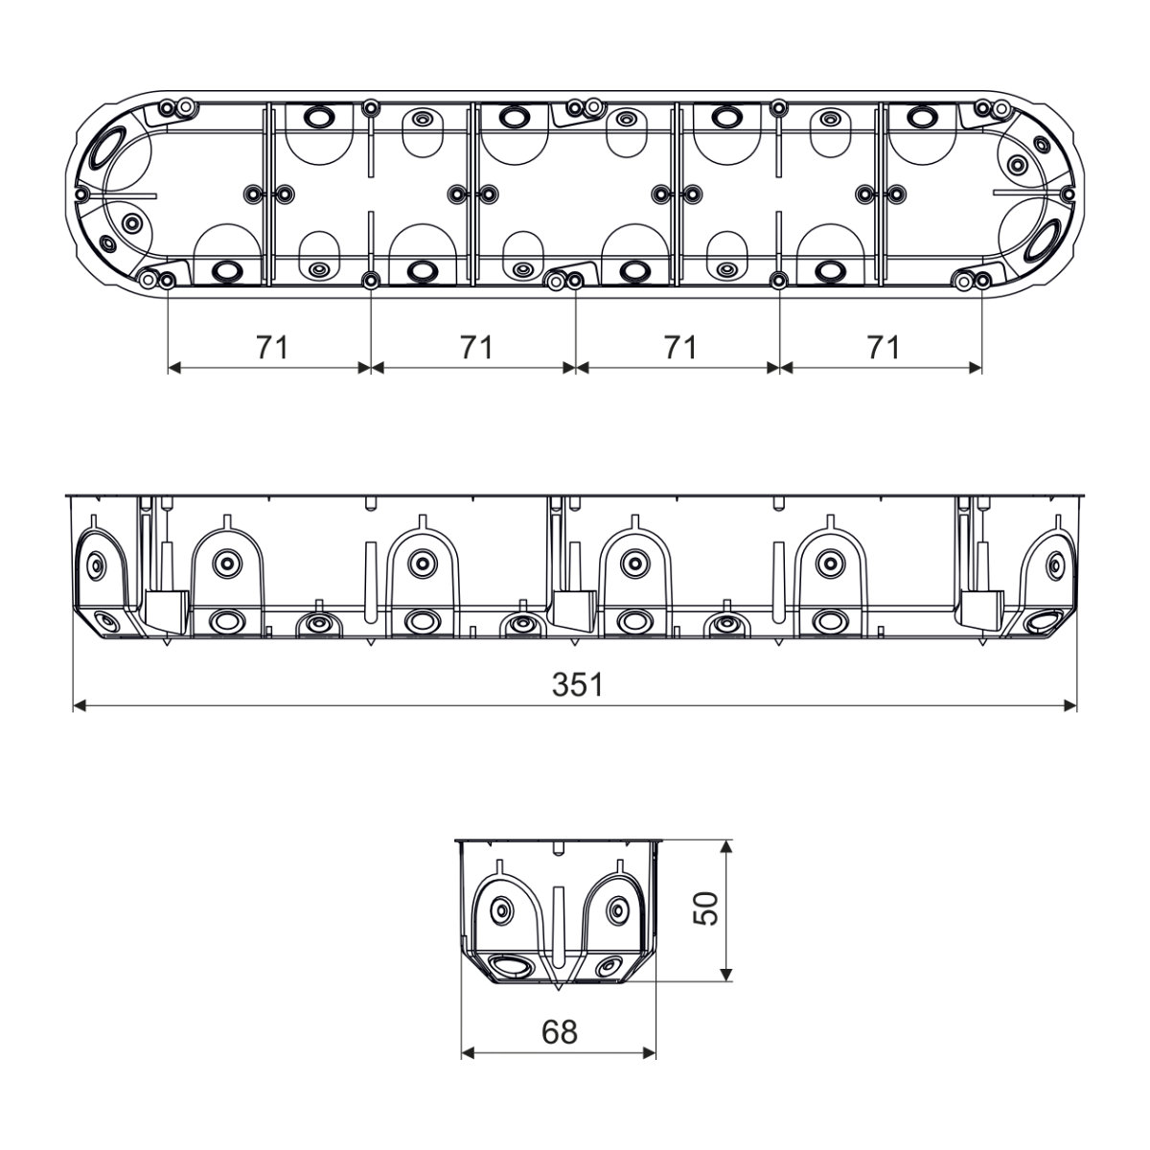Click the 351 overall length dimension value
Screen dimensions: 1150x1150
577,684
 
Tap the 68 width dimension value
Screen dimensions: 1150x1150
559,1031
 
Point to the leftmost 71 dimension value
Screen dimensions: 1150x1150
272,347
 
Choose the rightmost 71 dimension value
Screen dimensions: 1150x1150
883,347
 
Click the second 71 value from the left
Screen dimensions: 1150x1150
476,347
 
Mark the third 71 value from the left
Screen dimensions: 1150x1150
680,347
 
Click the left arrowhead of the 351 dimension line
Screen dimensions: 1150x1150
80,706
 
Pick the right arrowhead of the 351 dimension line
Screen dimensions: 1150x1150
1070,706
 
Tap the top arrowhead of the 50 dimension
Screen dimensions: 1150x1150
725,846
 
